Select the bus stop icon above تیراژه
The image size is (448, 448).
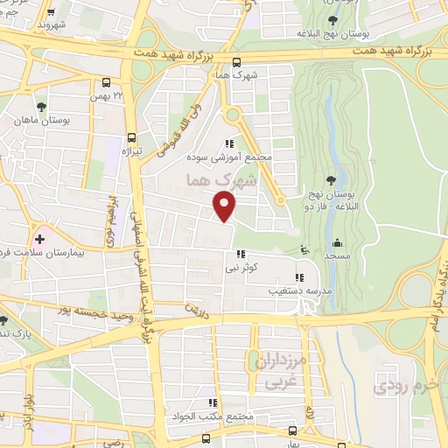pos(130,137)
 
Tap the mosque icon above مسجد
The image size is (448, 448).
pos(337,243)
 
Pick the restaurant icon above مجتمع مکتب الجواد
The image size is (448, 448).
pos(211,402)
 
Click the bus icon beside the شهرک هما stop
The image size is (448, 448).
pos(236,61)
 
